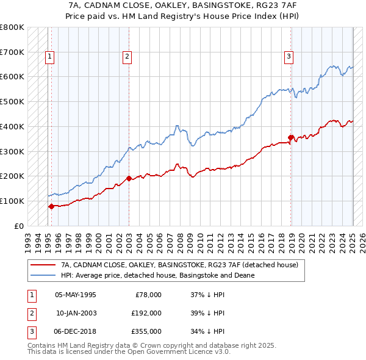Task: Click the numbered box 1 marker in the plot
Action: click(49, 57)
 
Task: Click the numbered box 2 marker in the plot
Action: click(127, 57)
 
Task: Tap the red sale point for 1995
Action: click(51, 206)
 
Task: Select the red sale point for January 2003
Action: click(129, 178)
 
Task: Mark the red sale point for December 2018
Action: click(291, 137)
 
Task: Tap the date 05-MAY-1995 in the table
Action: click(76, 295)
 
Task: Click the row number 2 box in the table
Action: click(30, 313)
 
